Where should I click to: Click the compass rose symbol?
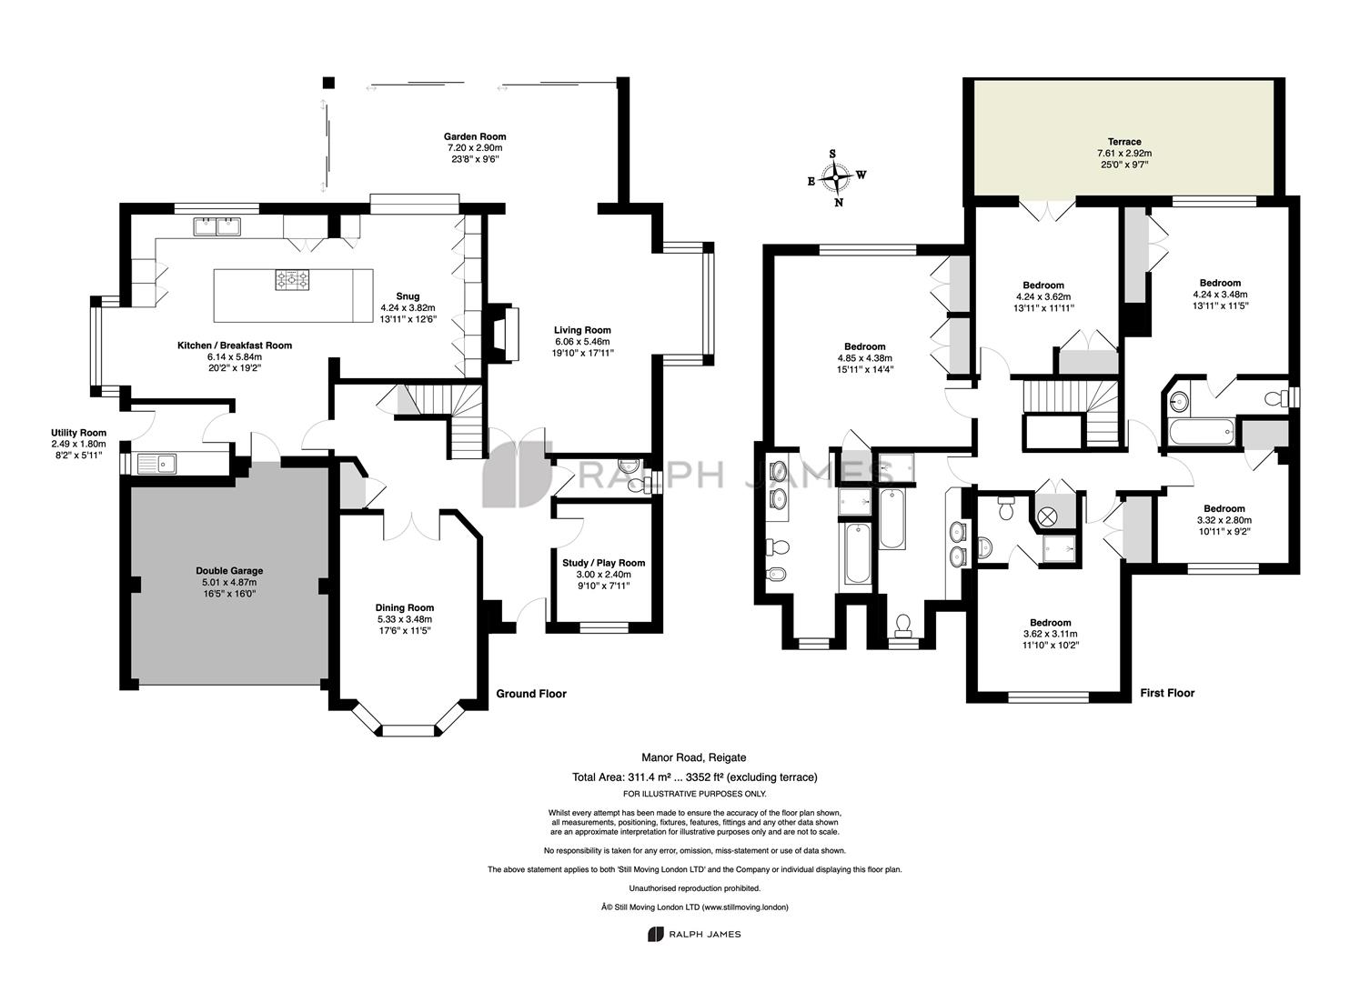tap(836, 178)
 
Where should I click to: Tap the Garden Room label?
tap(475, 136)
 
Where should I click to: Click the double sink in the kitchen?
tap(217, 226)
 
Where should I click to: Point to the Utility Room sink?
tap(156, 463)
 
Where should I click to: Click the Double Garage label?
tap(229, 570)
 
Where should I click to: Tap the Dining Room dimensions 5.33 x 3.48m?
tap(405, 619)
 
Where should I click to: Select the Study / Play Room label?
tap(604, 563)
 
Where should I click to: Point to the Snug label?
tap(408, 296)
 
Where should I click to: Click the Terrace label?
tap(1124, 141)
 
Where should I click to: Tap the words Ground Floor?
tap(531, 694)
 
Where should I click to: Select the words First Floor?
tap(1167, 693)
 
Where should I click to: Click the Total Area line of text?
tap(694, 777)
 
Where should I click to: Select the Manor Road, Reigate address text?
tap(693, 757)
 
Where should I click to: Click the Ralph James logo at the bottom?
tap(694, 935)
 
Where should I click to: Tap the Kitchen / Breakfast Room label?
tap(234, 346)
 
